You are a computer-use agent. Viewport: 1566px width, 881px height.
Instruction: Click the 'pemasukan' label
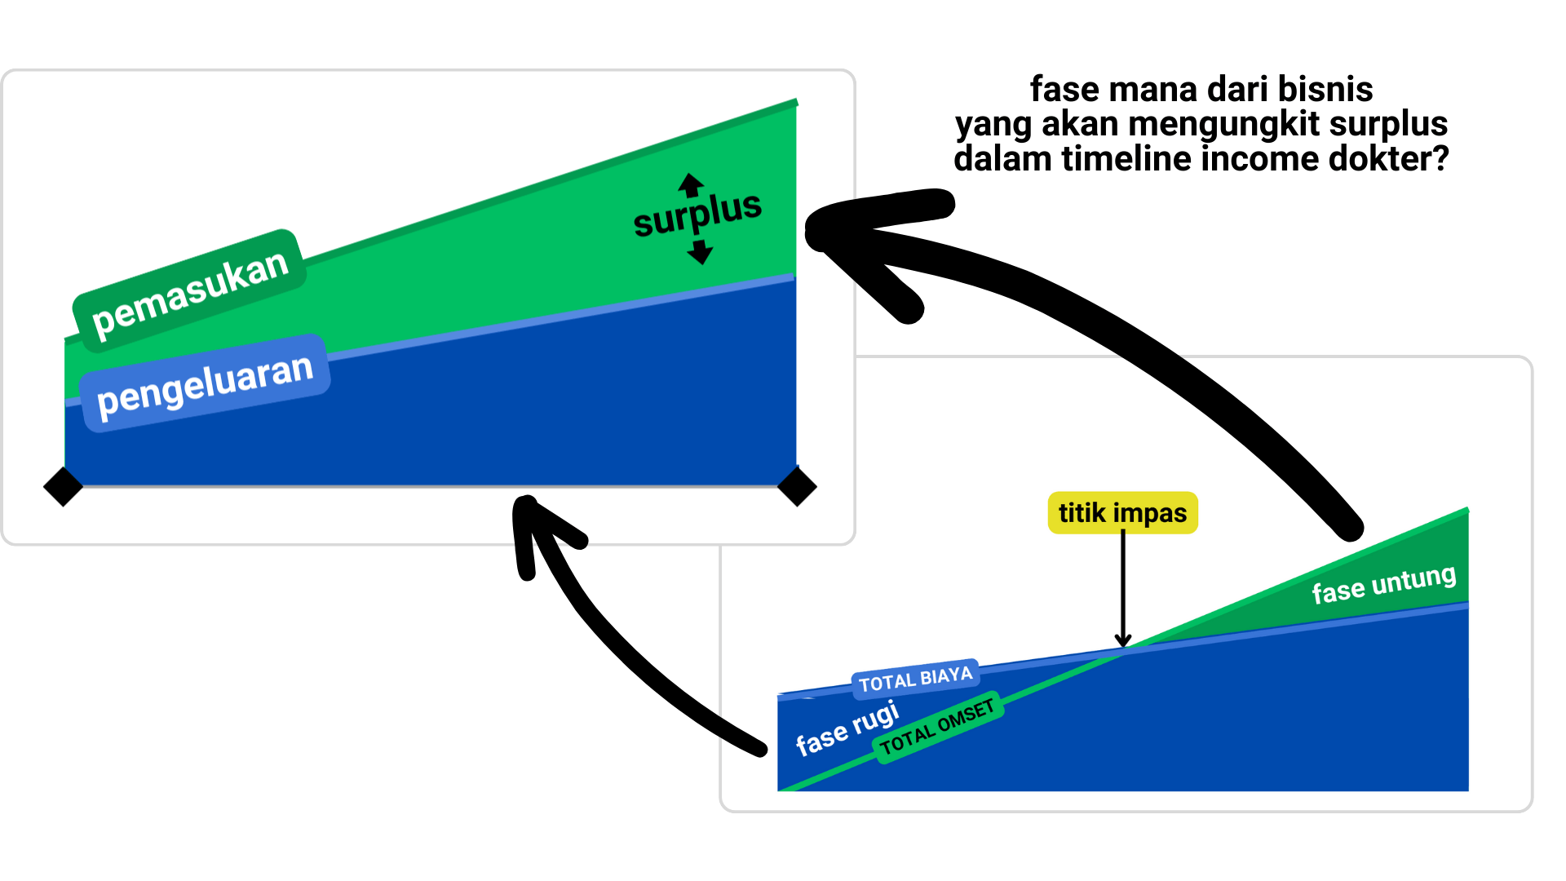[x=190, y=292]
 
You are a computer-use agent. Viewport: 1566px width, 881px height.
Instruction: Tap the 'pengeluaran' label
[x=206, y=383]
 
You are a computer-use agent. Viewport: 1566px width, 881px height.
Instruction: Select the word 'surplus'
[x=697, y=215]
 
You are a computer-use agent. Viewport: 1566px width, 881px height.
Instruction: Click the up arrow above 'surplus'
[x=691, y=184]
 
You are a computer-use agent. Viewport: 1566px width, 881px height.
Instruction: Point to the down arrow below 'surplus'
[x=700, y=252]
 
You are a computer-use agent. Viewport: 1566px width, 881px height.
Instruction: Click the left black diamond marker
[x=63, y=487]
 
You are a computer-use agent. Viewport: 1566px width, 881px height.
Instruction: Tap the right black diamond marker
[x=797, y=487]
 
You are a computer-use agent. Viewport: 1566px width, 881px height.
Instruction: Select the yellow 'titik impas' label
[x=1122, y=513]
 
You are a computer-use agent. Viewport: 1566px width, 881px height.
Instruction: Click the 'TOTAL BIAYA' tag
[x=915, y=679]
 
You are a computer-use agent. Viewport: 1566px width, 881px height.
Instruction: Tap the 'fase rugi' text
[x=847, y=728]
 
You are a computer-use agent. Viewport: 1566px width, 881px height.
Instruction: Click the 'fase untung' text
[x=1383, y=583]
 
